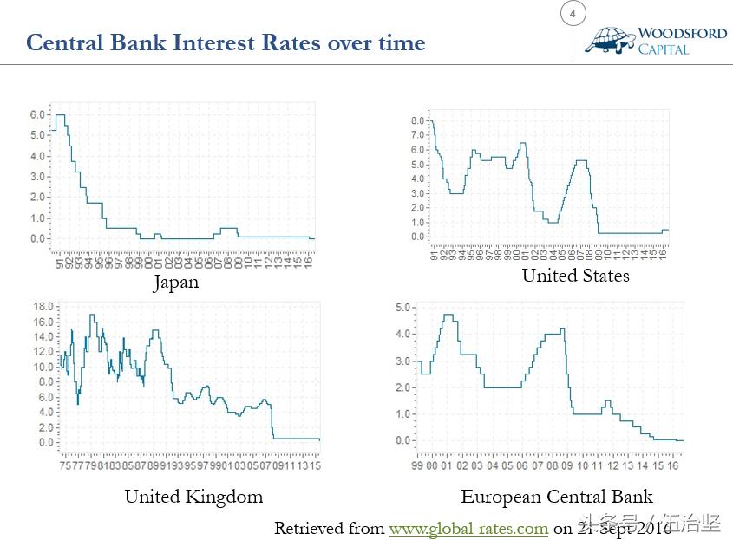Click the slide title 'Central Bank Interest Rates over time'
226,42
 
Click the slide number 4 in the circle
573,14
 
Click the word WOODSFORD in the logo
682,34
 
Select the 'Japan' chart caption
175,282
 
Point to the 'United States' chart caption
575,276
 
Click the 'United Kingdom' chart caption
193,497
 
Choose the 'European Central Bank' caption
557,497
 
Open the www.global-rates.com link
468,528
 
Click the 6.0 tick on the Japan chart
37,114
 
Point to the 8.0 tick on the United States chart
417,120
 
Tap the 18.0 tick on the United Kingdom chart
43,306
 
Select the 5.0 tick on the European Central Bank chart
402,308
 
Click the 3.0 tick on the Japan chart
37,177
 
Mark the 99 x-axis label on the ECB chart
418,465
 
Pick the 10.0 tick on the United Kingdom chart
43,367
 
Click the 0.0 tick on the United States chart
417,237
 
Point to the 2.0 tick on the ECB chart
402,387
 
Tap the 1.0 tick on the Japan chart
37,218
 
